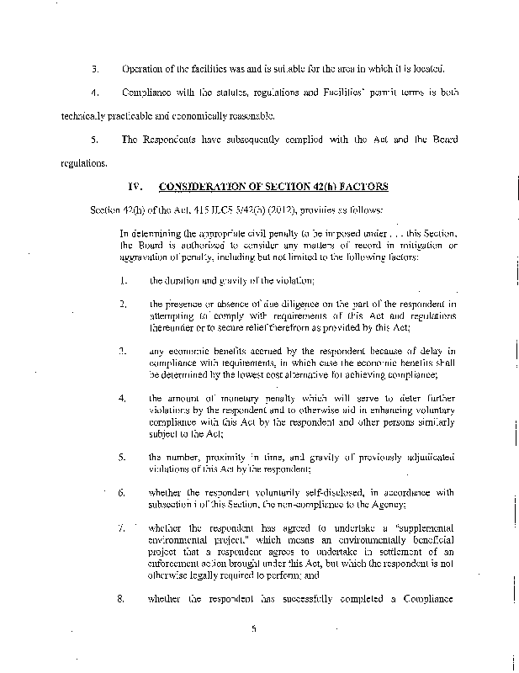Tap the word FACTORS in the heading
coord(360,185)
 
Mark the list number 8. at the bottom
coord(123,599)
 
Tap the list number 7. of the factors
coord(123,527)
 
